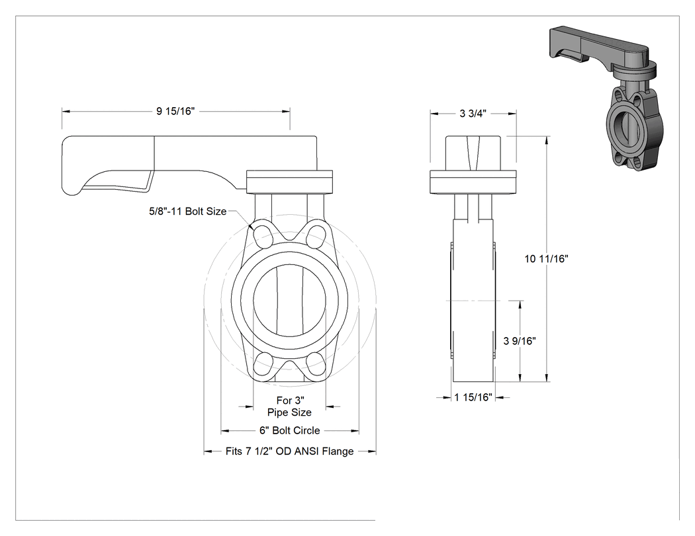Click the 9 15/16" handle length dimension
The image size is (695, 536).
pos(175,111)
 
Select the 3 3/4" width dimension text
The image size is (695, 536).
pos(473,114)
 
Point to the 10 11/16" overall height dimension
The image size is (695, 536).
pos(547,259)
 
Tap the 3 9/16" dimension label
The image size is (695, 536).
pos(520,341)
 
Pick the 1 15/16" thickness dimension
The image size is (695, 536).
pos(473,397)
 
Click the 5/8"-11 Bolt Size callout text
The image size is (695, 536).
pos(187,211)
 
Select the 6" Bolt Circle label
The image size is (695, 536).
pos(289,430)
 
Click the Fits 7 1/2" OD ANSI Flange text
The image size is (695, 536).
pos(289,451)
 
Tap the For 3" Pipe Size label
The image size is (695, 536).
pos(289,406)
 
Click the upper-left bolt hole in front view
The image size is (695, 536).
pos(263,235)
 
